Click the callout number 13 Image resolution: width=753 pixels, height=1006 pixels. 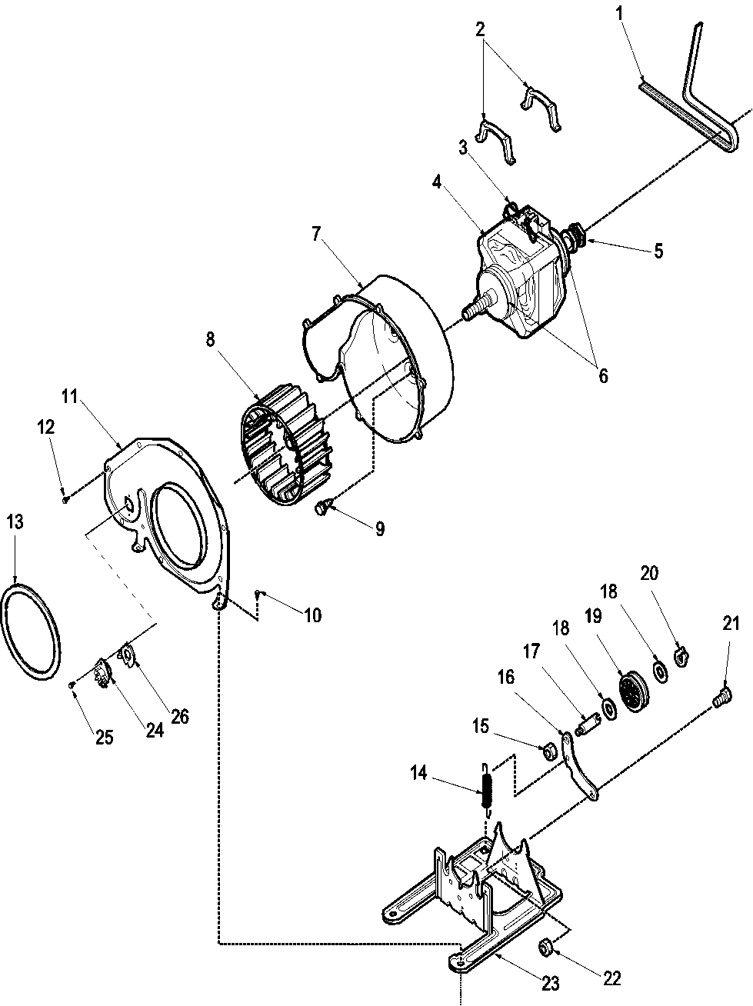(15, 522)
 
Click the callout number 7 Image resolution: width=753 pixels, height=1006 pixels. (316, 235)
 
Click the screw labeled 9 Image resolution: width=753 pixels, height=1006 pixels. (325, 507)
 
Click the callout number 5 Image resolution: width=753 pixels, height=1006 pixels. (658, 250)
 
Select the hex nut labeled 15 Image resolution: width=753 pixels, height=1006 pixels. (549, 748)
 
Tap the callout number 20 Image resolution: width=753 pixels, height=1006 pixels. (648, 573)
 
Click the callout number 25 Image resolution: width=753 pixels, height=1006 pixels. (103, 738)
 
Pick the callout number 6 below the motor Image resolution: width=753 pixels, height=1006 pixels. (602, 375)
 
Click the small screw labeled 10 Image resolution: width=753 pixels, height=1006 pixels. (261, 593)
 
